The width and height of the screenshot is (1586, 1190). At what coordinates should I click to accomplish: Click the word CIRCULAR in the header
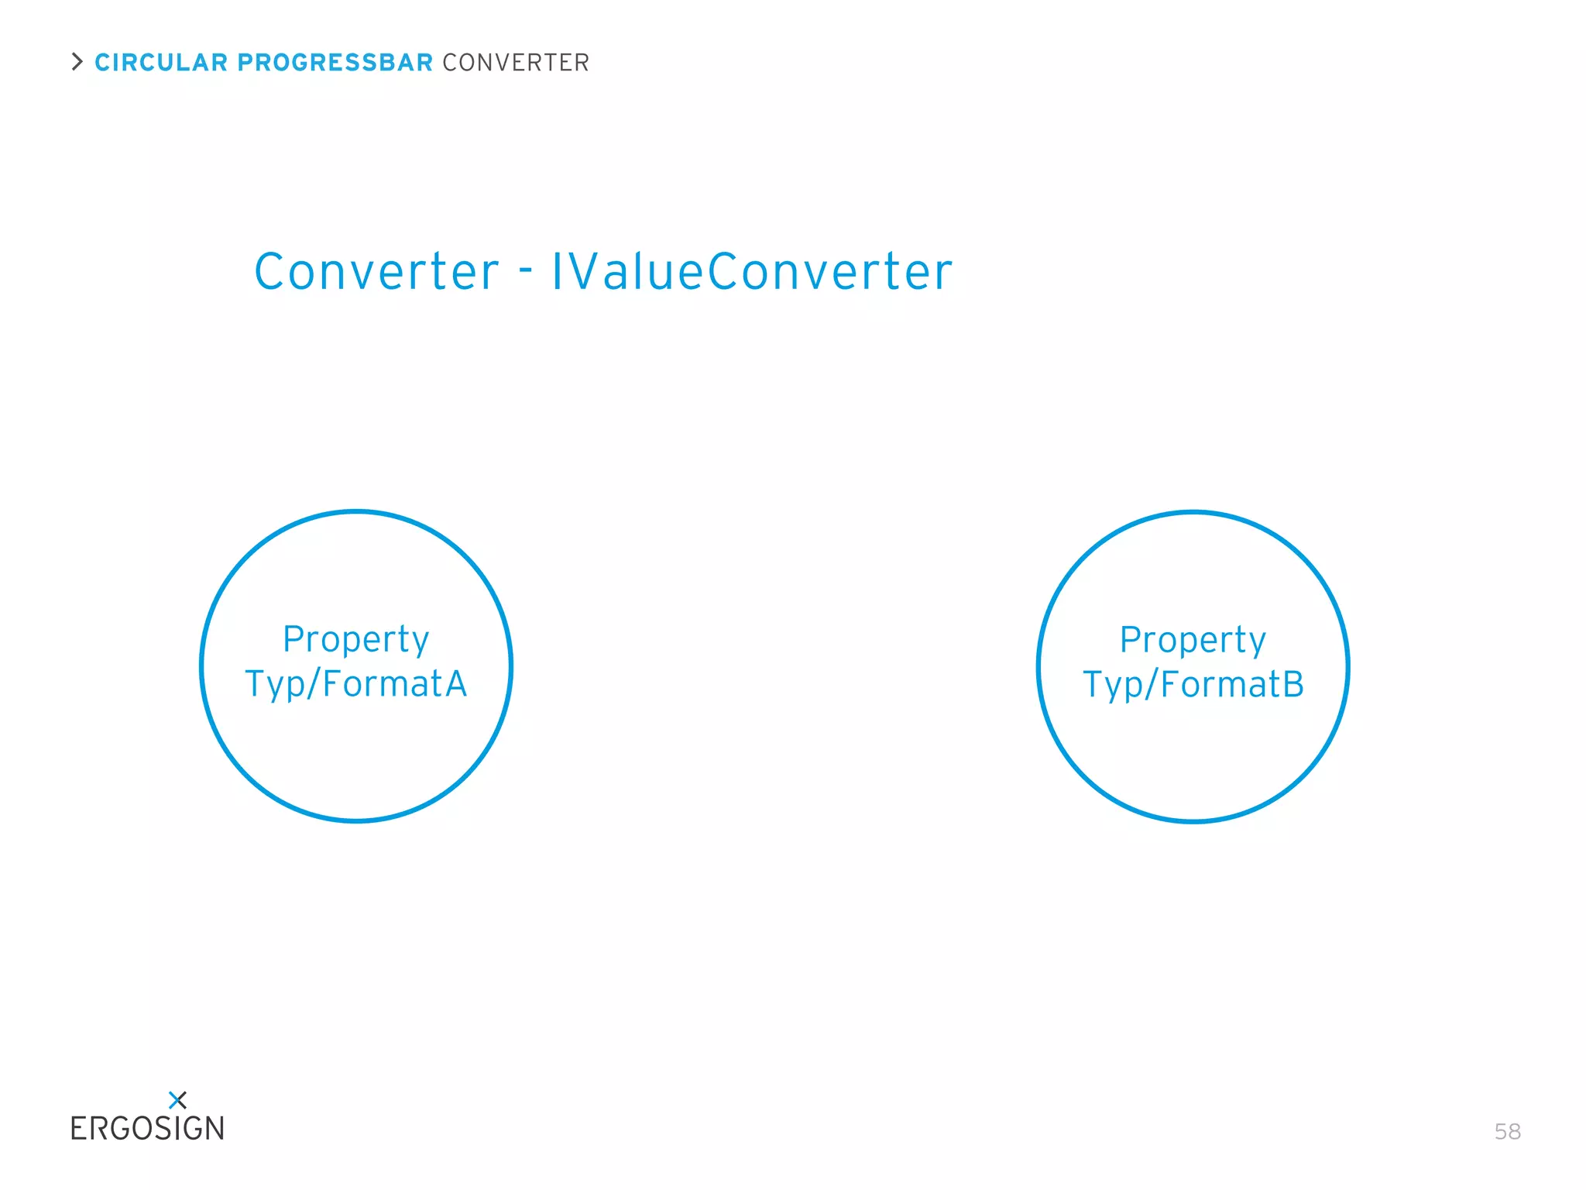161,63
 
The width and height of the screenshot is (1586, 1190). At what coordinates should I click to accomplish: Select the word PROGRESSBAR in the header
335,63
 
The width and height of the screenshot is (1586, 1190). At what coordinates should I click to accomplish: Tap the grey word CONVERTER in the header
516,63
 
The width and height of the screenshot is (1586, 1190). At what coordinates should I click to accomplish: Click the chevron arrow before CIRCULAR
77,62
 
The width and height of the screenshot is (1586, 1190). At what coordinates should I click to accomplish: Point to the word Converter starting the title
376,272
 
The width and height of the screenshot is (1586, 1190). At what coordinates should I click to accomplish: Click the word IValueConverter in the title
751,272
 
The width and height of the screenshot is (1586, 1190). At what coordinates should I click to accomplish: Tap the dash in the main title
526,270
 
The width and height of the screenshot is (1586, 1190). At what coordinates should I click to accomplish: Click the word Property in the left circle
356,641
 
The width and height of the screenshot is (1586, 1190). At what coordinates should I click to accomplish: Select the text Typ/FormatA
356,684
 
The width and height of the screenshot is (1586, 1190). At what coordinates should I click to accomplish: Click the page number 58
1507,1132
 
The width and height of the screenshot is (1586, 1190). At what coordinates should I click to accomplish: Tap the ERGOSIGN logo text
147,1129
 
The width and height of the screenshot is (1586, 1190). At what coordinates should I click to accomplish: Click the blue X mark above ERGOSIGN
177,1099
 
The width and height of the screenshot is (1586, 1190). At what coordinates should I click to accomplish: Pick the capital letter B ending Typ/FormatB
1292,684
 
